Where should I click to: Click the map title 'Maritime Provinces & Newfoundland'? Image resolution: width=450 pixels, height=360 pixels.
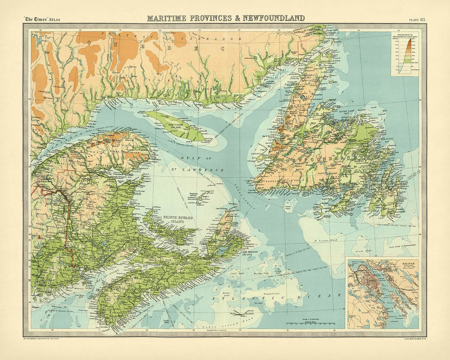coord(225,18)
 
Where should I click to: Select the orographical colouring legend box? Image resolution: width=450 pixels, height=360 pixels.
coord(404,54)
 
